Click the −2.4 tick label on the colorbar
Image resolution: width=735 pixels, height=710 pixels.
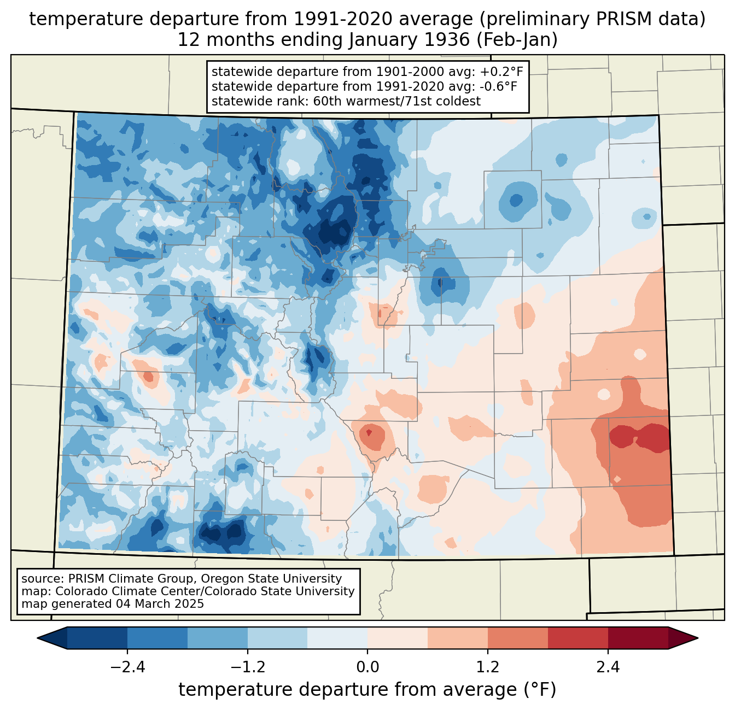point(127,667)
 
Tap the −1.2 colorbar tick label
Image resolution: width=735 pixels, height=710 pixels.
point(247,667)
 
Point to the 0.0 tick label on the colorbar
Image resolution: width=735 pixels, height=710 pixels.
point(367,667)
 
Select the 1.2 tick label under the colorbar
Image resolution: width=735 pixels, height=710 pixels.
point(488,667)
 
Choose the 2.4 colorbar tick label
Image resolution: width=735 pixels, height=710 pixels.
point(608,667)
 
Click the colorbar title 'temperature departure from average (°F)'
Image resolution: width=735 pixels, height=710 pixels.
point(367,690)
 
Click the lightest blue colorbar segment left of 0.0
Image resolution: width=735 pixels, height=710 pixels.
point(337,638)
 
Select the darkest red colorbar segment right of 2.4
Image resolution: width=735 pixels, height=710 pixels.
point(638,638)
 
